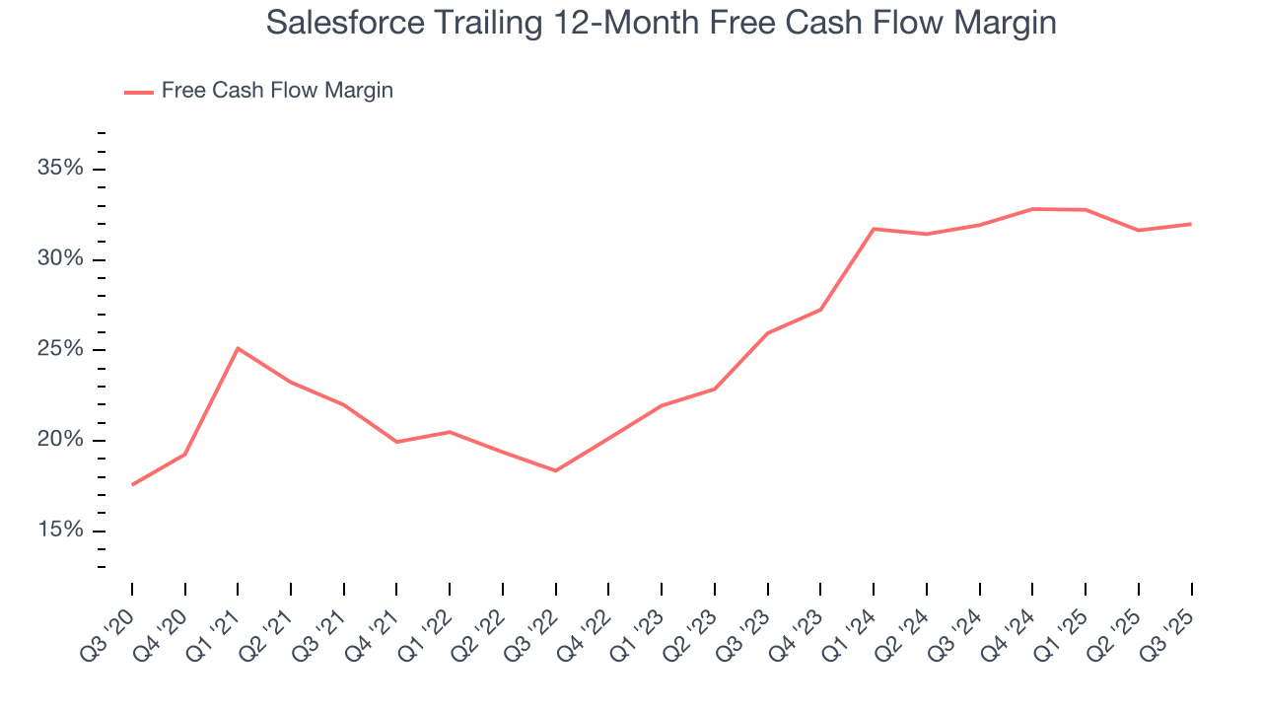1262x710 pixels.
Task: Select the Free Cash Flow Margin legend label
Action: pos(277,91)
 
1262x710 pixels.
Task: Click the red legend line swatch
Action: pos(138,92)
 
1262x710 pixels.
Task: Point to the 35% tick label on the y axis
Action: pos(60,169)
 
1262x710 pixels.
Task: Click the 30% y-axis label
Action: pos(60,259)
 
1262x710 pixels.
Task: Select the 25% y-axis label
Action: pos(60,350)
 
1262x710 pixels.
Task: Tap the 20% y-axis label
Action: pos(60,440)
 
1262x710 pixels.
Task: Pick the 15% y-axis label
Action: pos(60,531)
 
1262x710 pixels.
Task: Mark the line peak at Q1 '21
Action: pos(238,348)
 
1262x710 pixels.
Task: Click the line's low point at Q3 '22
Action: pos(555,470)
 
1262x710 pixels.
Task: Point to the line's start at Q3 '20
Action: pos(132,484)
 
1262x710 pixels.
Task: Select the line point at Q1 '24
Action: pos(874,229)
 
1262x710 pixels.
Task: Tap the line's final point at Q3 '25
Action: pos(1191,224)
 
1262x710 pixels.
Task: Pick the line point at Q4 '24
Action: pos(1032,209)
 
